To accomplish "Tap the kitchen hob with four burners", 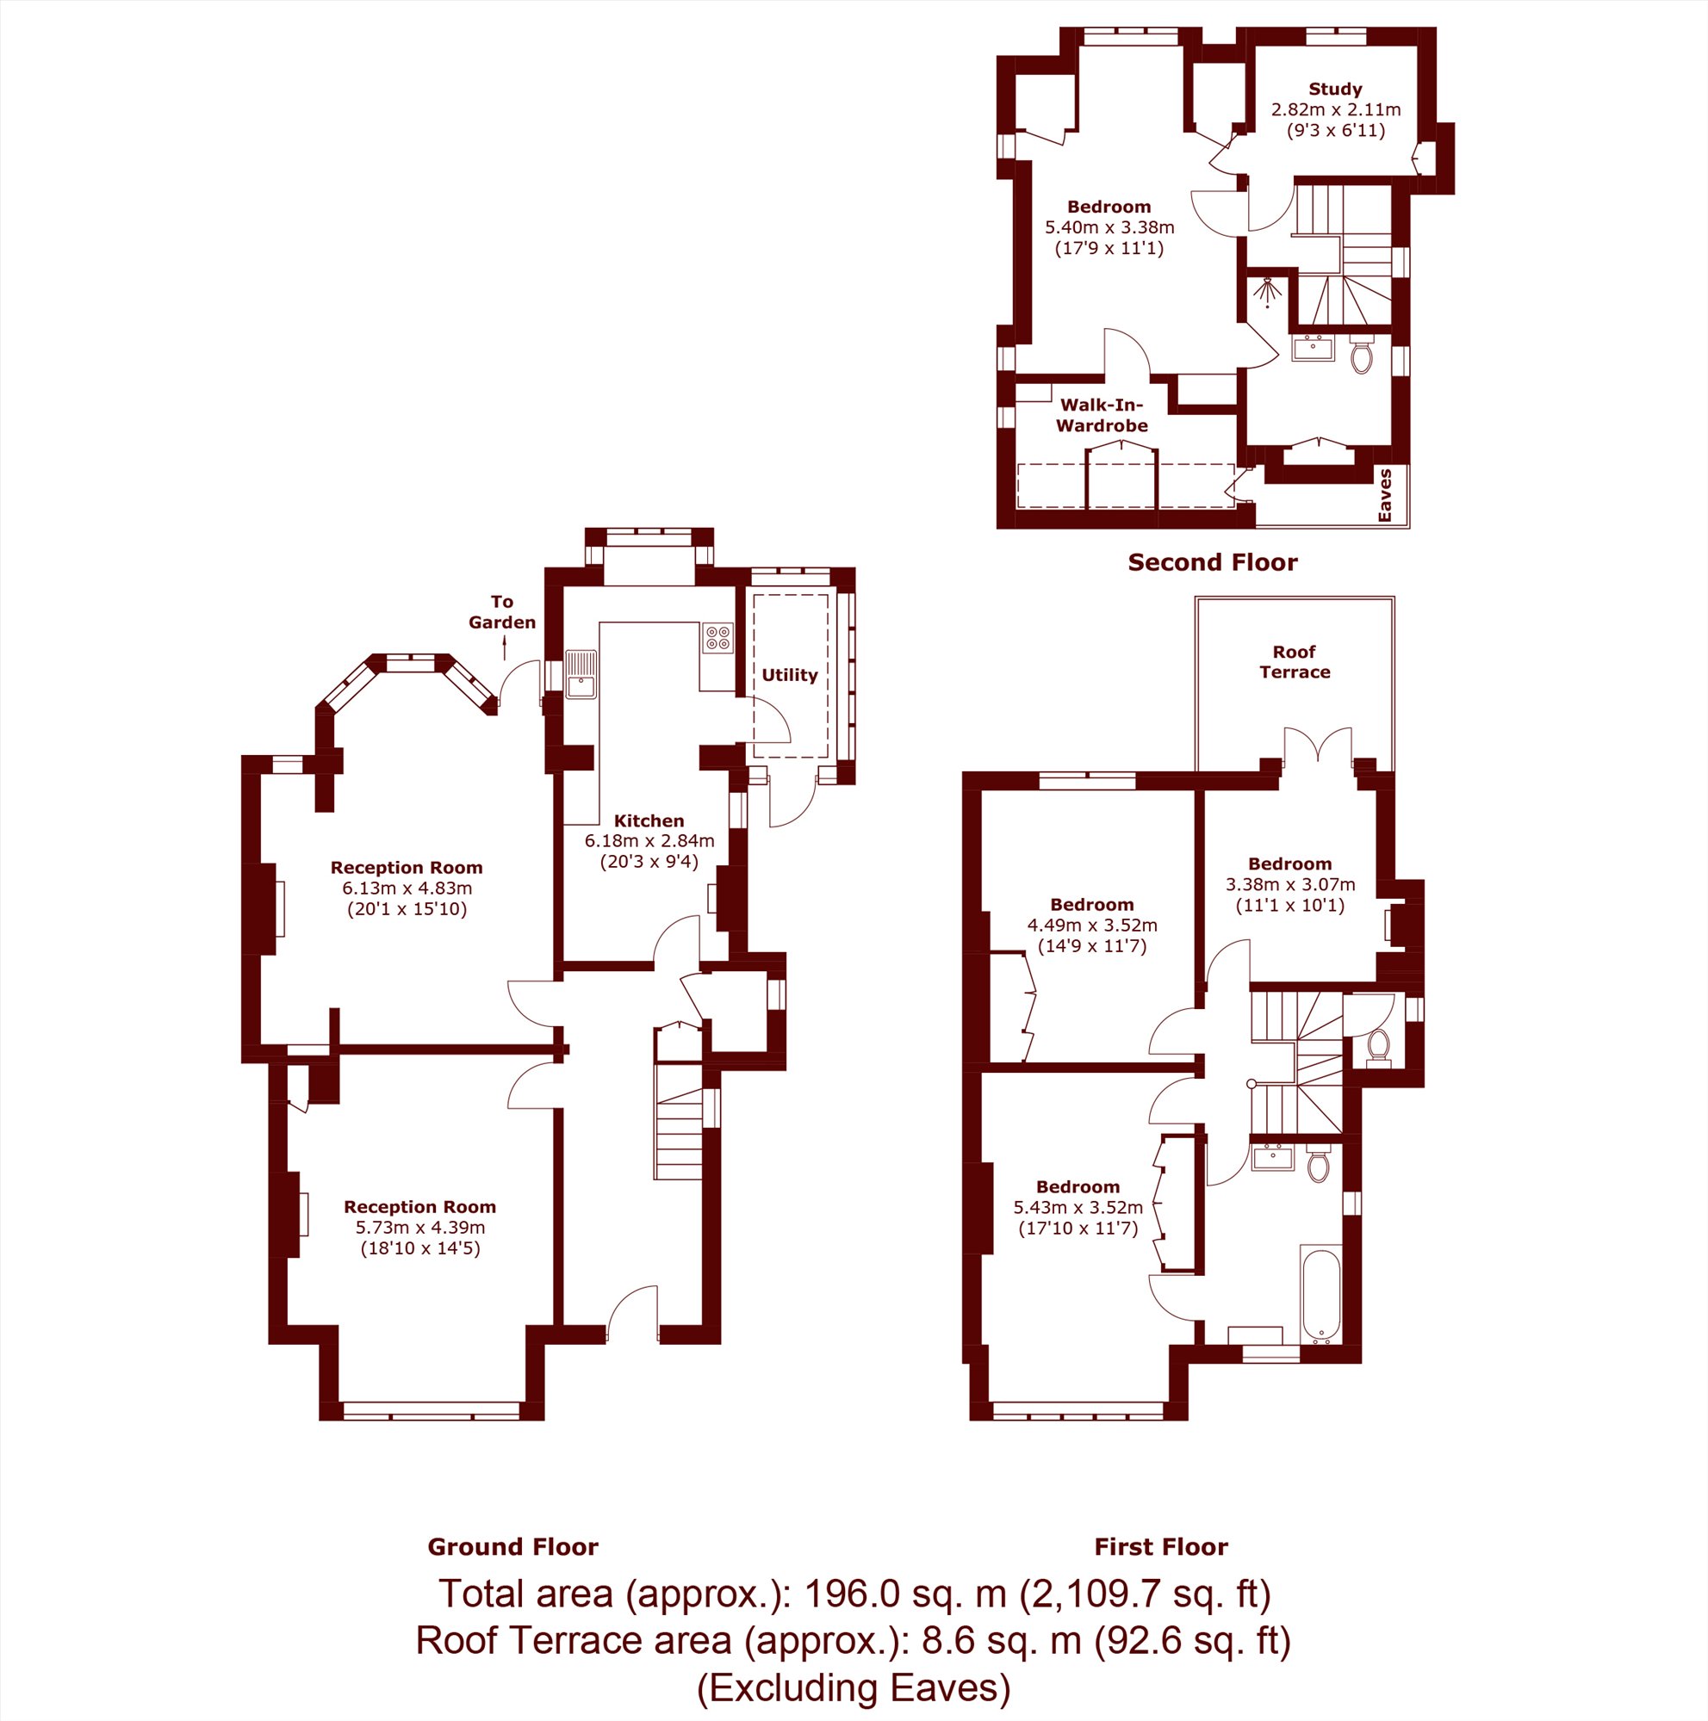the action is (x=718, y=639).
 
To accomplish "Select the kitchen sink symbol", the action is (x=581, y=674).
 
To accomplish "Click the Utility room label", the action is (x=790, y=675).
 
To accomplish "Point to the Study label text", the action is (x=1335, y=89).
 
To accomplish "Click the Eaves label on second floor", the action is (x=1385, y=495).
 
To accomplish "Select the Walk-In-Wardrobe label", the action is (x=1102, y=415).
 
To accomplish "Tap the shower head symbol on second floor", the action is (x=1267, y=291).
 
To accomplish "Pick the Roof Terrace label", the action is (x=1295, y=662).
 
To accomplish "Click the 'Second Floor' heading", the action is (x=1213, y=562).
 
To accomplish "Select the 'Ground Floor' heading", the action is (x=513, y=1546).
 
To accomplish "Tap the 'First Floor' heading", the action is (x=1161, y=1546).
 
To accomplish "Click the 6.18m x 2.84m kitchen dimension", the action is (x=649, y=840).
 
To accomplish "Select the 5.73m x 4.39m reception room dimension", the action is (x=420, y=1227).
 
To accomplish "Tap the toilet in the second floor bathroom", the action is (x=1362, y=355).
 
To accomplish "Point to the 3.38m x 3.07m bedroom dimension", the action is (x=1290, y=884).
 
